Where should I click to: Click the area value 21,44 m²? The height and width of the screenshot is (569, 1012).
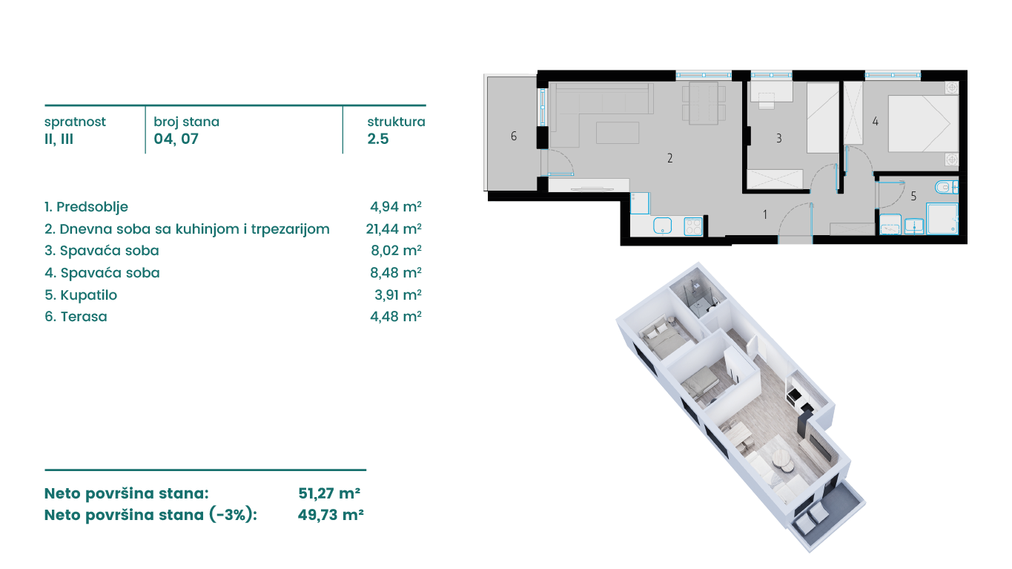click(394, 228)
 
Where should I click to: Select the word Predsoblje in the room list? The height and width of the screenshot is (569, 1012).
click(92, 207)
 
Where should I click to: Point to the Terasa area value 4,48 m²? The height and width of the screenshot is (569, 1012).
click(396, 316)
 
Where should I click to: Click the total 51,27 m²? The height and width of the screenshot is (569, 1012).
click(329, 493)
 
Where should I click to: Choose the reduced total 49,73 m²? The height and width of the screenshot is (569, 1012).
click(331, 515)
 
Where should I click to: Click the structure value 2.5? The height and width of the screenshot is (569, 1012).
click(377, 139)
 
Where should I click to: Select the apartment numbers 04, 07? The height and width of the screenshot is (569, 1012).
click(176, 139)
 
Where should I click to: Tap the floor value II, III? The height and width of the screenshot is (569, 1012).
click(59, 139)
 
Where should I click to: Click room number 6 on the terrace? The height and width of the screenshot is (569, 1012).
click(514, 136)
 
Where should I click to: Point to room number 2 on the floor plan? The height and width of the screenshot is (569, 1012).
click(670, 158)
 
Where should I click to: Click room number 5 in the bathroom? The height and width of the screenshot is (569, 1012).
click(913, 196)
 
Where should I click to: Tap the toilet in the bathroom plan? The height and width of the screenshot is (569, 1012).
click(946, 187)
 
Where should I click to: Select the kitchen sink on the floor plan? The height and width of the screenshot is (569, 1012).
click(662, 226)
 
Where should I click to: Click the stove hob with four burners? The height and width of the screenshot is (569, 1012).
click(693, 226)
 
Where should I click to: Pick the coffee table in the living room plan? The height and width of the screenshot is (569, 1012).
click(618, 133)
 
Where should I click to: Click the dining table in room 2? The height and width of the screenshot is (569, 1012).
click(704, 104)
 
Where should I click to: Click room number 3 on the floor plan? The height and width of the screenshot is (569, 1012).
click(779, 138)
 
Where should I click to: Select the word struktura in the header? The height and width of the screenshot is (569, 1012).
click(396, 122)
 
